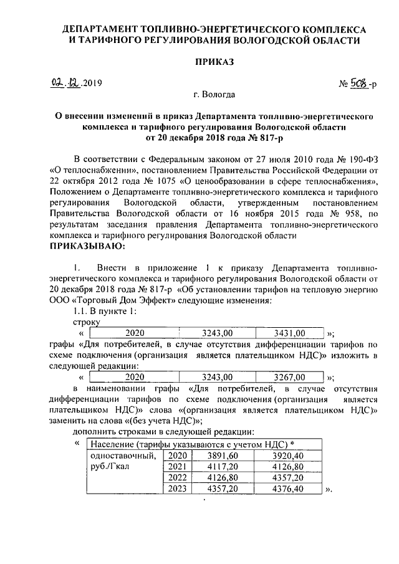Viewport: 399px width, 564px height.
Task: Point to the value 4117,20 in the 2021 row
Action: pos(223,466)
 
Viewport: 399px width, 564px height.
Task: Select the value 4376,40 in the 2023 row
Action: pos(287,489)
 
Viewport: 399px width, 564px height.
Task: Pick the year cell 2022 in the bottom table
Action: pos(178,477)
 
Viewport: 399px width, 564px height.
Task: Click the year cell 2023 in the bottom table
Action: pos(178,489)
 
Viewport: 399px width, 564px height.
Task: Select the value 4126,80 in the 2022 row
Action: pos(223,477)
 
